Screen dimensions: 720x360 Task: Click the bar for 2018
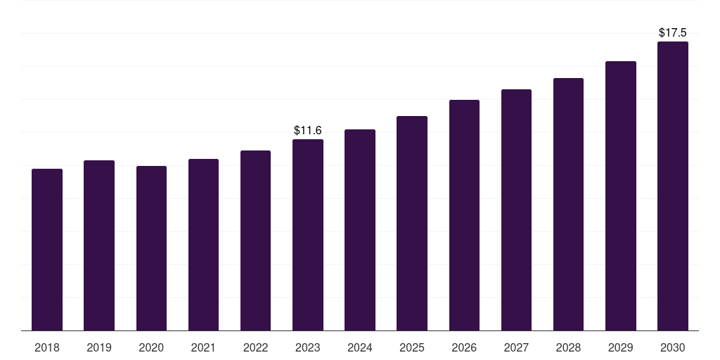point(47,250)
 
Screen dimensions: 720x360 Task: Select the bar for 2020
point(151,248)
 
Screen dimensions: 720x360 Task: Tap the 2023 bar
point(308,235)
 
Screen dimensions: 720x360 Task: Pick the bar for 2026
point(464,215)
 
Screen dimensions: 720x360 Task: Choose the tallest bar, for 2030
point(673,186)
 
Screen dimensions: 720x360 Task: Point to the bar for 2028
point(568,205)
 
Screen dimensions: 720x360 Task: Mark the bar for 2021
point(203,245)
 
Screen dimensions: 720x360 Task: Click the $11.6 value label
point(308,130)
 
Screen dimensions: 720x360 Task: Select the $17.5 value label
point(673,32)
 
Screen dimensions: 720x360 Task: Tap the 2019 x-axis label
point(99,347)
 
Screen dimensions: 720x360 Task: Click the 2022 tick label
point(255,347)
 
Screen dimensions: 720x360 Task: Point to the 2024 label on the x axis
point(360,347)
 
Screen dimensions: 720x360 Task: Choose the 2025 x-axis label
point(412,347)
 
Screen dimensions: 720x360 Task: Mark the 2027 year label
point(516,347)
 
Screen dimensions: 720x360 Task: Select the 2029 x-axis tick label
point(621,347)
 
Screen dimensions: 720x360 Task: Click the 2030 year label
point(673,347)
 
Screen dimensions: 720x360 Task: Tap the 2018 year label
point(47,347)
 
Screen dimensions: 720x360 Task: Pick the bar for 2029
point(621,196)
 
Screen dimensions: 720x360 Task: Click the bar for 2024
point(360,230)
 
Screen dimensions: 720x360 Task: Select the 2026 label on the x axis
point(464,347)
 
